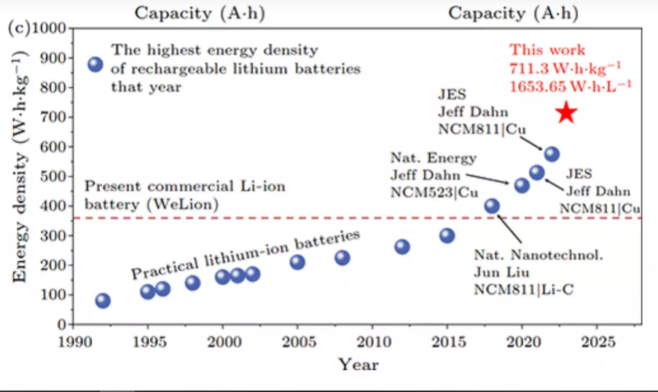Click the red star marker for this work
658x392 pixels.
point(566,112)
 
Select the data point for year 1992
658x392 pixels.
point(103,301)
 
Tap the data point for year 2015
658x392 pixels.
point(447,235)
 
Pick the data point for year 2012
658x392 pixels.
point(402,247)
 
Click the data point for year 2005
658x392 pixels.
point(297,262)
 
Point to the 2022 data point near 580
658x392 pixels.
point(552,154)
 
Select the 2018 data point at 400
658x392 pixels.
point(492,206)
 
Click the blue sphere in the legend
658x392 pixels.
point(95,64)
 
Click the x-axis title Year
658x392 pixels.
point(358,364)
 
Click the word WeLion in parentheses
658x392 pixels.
point(187,204)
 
